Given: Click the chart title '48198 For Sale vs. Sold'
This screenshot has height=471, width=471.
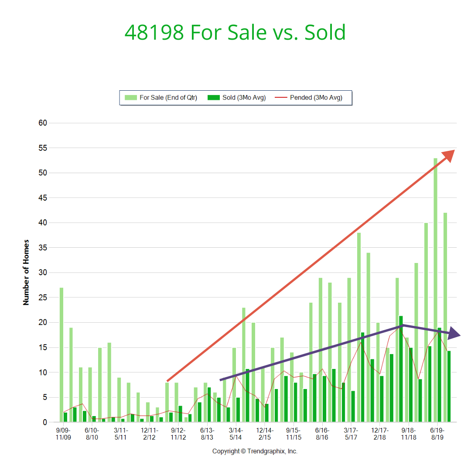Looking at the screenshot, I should [235, 33].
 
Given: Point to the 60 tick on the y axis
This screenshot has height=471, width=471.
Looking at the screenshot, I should [42, 123].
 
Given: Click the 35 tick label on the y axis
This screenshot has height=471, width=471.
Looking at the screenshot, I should [42, 248].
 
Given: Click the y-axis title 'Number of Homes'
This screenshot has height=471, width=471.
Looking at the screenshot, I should [26, 272].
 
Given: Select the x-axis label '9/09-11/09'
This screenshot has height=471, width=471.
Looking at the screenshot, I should [63, 433].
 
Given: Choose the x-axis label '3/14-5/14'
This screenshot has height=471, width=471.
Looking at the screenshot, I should [235, 433].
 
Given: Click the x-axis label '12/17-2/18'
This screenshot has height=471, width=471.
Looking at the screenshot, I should [380, 433].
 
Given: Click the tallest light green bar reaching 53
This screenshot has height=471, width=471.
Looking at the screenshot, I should [435, 290].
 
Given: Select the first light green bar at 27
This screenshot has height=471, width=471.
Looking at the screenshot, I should [61, 355].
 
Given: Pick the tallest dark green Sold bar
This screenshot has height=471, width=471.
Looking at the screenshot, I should [401, 369].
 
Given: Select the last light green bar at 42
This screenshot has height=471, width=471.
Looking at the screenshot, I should [445, 317].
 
